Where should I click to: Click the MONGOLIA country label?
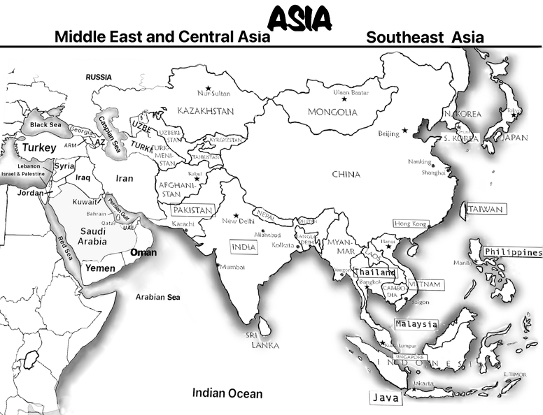click(x=332, y=112)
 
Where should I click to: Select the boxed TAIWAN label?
click(x=486, y=209)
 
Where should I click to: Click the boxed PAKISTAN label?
click(x=192, y=210)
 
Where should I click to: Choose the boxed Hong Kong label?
click(x=410, y=224)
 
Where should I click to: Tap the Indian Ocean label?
click(x=227, y=393)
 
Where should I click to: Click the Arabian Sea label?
click(x=157, y=298)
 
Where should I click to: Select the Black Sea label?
click(x=45, y=124)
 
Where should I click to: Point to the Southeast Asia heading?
click(x=425, y=37)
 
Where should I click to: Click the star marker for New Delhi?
click(x=236, y=214)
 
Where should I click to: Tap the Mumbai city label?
click(x=232, y=266)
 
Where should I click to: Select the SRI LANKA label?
click(x=262, y=340)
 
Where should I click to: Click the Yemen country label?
click(x=100, y=268)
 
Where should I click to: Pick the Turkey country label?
click(x=38, y=148)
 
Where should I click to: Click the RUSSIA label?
click(x=99, y=77)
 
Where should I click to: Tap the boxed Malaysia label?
click(x=416, y=324)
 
